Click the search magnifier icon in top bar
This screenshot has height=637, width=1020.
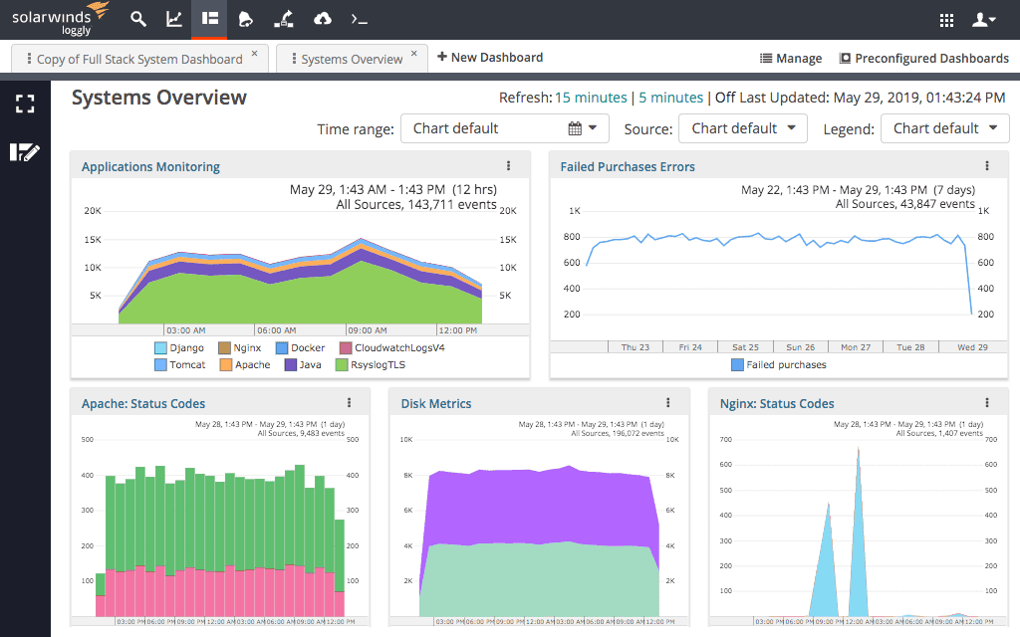(x=138, y=19)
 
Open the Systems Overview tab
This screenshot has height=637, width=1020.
(x=352, y=59)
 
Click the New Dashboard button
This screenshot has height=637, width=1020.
(x=490, y=58)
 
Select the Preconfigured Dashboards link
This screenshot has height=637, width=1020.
(x=923, y=59)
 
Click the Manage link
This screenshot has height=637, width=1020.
(x=791, y=59)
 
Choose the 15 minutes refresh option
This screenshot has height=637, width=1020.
(x=591, y=98)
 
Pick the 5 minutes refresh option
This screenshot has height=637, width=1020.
(x=670, y=98)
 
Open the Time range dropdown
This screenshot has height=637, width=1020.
(x=504, y=128)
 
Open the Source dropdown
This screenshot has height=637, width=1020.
(x=743, y=128)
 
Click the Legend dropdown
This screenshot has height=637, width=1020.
(x=944, y=128)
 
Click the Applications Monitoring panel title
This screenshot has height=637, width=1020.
(x=150, y=167)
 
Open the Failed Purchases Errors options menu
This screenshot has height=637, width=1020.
(x=987, y=166)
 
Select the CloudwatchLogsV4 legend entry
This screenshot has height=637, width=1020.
(x=398, y=348)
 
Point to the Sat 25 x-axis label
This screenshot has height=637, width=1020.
(x=745, y=347)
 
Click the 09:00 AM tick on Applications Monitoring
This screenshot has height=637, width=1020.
(x=367, y=330)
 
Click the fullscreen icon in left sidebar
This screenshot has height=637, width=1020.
(x=25, y=105)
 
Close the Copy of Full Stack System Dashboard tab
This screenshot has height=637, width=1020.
(x=254, y=54)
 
